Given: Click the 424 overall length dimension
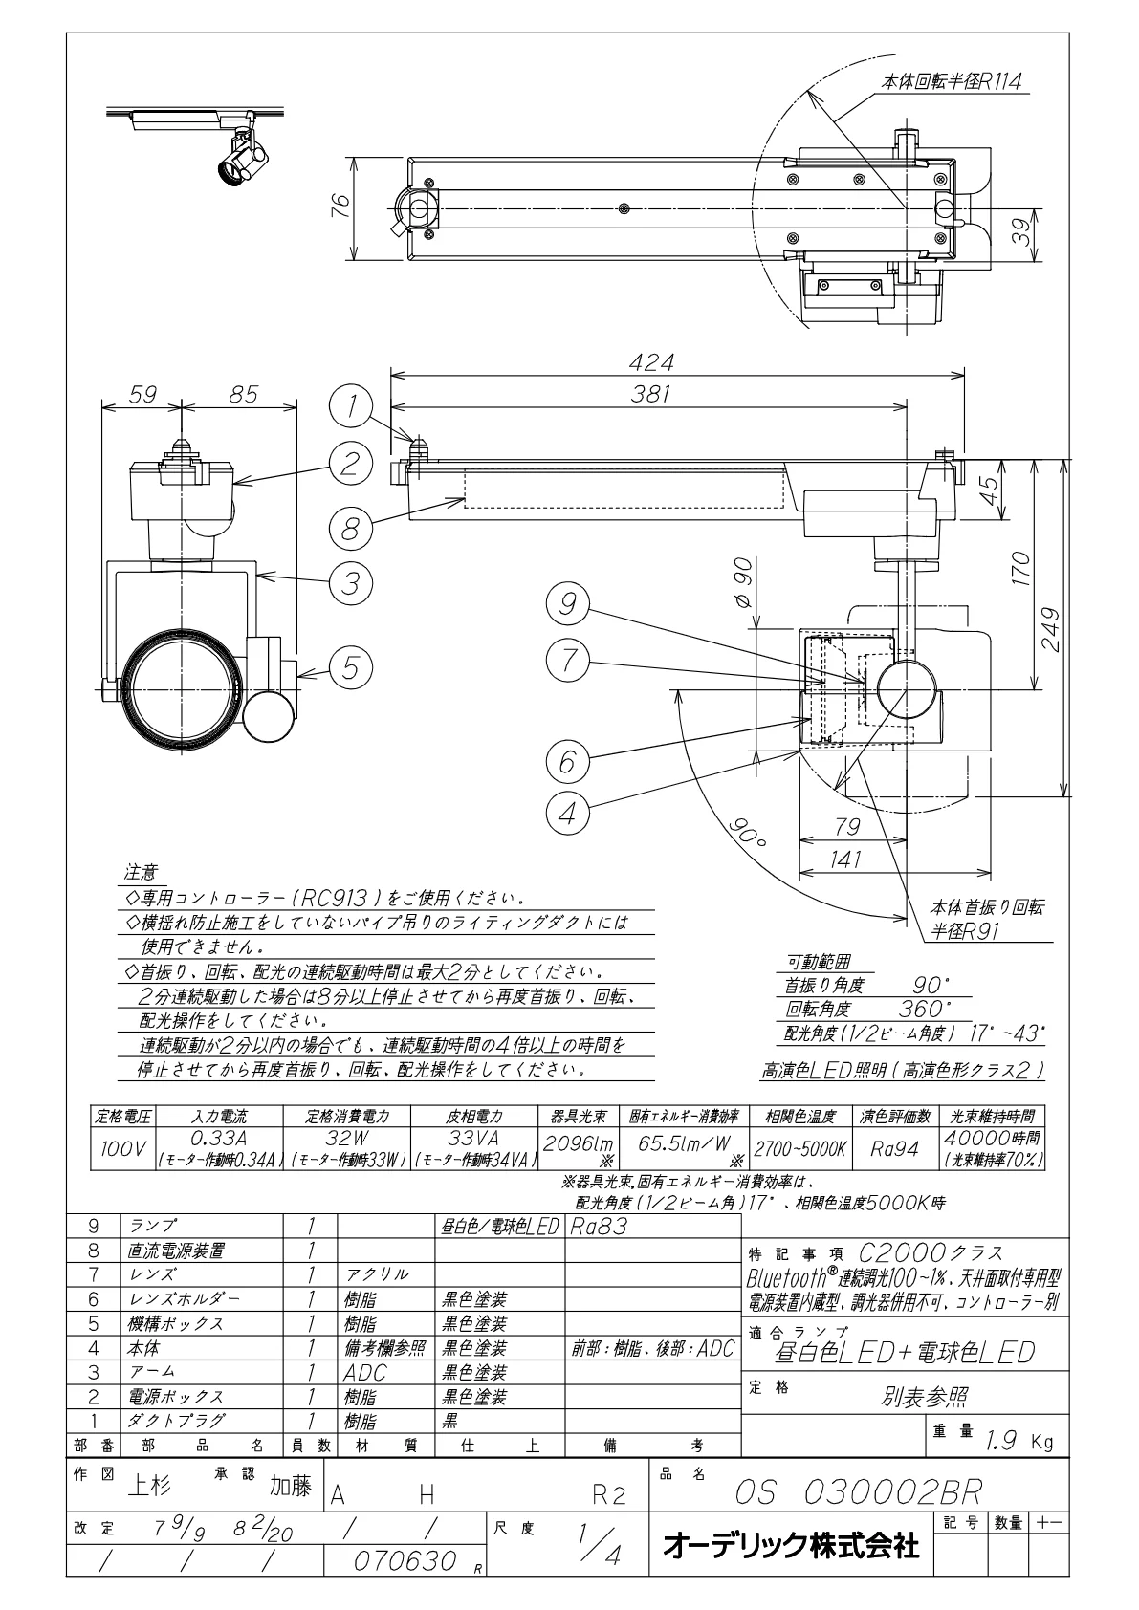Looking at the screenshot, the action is tap(650, 362).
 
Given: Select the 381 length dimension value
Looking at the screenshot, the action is tap(650, 394).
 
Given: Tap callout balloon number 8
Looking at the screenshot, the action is tap(350, 529).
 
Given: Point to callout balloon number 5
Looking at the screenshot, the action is tap(350, 667).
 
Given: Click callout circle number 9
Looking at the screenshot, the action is tap(568, 603).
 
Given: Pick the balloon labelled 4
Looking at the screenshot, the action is tap(568, 814).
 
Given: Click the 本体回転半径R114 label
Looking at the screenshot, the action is tap(952, 82).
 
